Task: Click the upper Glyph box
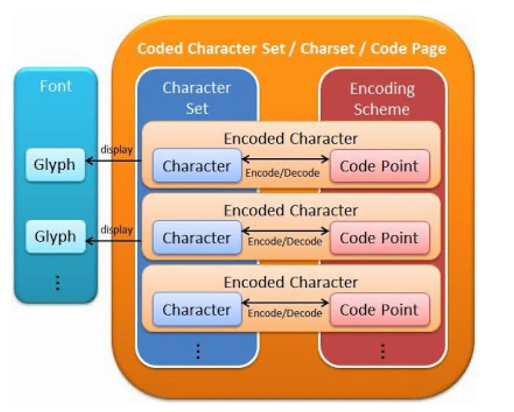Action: click(x=55, y=165)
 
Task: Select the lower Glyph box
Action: click(x=55, y=236)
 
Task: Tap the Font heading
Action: click(x=56, y=86)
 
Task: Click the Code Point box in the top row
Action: click(x=380, y=166)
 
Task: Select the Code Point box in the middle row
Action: click(x=380, y=238)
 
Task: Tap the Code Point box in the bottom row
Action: click(x=380, y=309)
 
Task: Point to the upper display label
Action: click(x=117, y=150)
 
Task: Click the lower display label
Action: click(x=117, y=230)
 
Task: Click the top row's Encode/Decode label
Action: click(x=282, y=173)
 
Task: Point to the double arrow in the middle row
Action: click(x=286, y=231)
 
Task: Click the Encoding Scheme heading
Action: click(x=382, y=99)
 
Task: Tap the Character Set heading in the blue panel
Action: click(x=197, y=98)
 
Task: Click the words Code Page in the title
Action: click(x=408, y=49)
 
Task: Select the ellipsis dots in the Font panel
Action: click(x=58, y=283)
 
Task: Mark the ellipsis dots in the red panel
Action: click(x=383, y=351)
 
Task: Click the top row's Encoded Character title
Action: click(x=291, y=139)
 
